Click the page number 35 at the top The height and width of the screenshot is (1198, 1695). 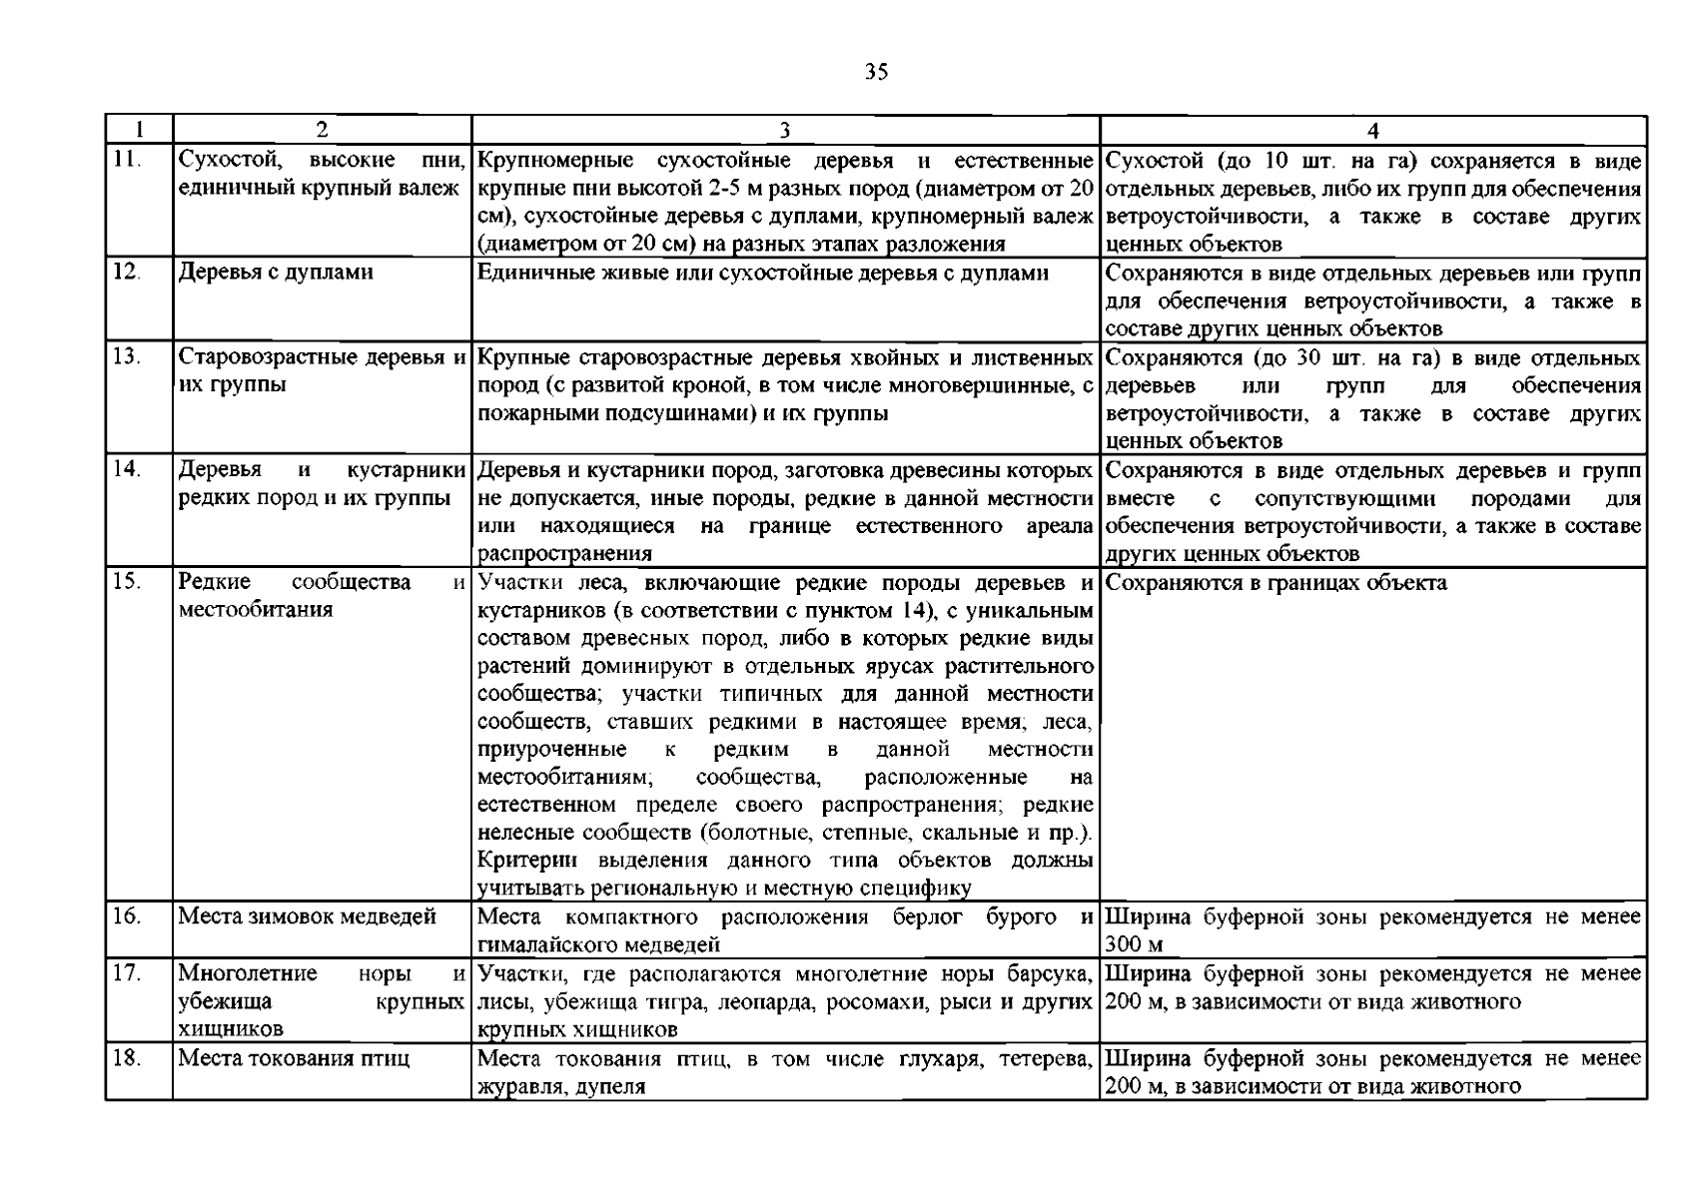(x=876, y=72)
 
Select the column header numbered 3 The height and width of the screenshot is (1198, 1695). (x=784, y=130)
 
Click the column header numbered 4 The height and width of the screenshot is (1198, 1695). (x=1373, y=130)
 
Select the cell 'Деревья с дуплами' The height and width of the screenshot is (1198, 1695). (x=275, y=272)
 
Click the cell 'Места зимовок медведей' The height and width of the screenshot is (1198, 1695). (x=307, y=916)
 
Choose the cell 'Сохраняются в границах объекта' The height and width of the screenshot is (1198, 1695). (x=1276, y=583)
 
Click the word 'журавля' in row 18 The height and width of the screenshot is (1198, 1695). (x=511, y=1087)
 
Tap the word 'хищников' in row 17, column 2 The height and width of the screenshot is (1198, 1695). (x=230, y=1029)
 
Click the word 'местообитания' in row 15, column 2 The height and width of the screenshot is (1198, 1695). (x=255, y=610)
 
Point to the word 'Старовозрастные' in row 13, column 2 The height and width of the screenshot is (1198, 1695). (x=260, y=357)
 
